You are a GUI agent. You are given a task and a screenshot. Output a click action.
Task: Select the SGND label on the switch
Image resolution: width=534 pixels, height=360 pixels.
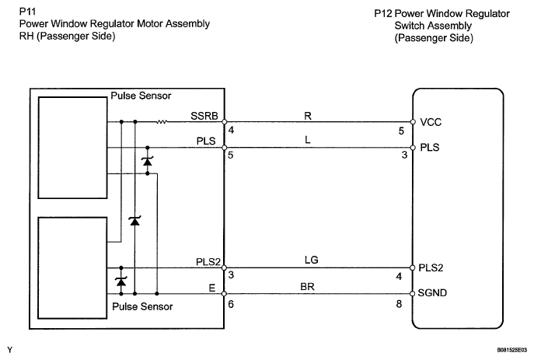[434, 293]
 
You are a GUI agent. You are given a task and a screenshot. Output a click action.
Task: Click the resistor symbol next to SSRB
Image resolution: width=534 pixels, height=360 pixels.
[162, 122]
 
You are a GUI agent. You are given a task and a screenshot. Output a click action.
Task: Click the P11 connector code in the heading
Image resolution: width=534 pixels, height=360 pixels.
[27, 12]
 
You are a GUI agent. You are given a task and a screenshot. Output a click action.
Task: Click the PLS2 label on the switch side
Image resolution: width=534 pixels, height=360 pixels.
[431, 267]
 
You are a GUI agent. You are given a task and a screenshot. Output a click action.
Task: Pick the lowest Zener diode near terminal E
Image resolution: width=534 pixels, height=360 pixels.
[120, 280]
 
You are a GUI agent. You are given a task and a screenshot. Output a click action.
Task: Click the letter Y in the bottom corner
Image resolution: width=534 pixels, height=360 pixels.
[9, 351]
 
